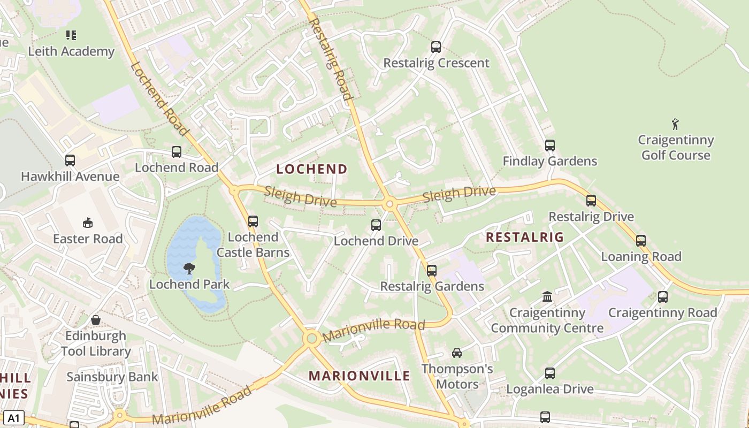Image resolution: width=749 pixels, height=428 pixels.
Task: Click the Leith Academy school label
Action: (71, 51)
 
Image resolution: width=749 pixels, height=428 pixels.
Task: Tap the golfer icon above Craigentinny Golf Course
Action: (675, 124)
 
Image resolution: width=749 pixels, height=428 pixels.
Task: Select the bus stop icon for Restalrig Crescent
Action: (436, 47)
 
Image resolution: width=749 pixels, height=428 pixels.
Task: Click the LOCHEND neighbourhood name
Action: (312, 169)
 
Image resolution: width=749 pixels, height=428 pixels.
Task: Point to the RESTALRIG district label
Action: (524, 237)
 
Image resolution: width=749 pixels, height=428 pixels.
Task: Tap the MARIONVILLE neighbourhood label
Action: (359, 376)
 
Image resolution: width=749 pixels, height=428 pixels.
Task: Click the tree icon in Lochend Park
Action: (189, 269)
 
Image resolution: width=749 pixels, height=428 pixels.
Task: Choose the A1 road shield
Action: (13, 418)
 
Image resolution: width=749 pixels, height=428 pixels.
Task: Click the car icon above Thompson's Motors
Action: (457, 353)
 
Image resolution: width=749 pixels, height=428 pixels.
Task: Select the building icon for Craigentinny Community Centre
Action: (547, 296)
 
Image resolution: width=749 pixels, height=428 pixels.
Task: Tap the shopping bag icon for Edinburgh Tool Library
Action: (96, 320)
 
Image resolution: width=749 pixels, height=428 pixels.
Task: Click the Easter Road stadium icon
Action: (88, 223)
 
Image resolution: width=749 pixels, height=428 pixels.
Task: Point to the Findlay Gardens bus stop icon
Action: (549, 146)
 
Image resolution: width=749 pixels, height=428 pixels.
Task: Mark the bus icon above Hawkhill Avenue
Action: (70, 160)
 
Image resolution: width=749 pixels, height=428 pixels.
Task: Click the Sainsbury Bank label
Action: (112, 377)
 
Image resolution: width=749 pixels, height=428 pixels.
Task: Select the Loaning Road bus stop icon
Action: (641, 241)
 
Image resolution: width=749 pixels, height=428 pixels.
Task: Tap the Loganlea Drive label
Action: (549, 389)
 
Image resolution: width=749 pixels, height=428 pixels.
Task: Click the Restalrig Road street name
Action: (331, 60)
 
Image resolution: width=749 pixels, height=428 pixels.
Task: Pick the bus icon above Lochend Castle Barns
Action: (253, 221)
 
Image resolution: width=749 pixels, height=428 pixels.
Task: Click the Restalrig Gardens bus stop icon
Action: (432, 271)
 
